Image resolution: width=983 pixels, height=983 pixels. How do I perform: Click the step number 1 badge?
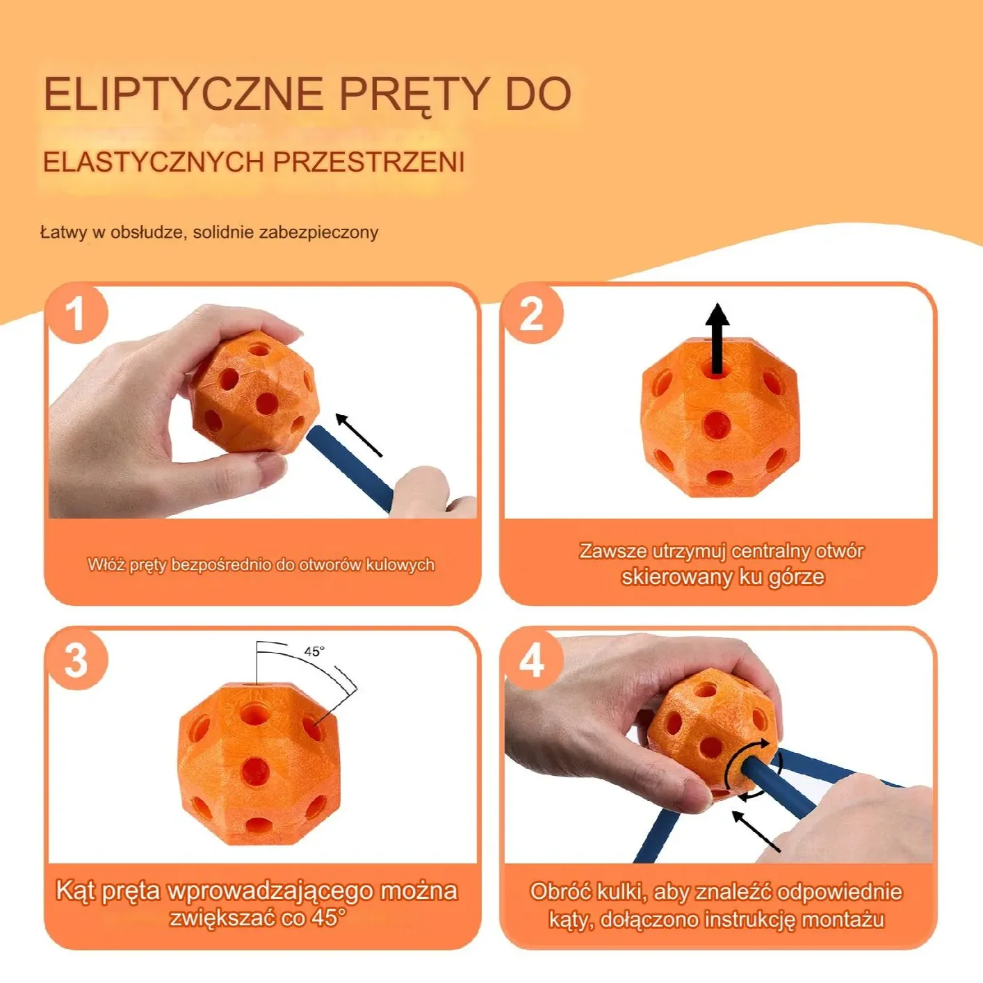77,314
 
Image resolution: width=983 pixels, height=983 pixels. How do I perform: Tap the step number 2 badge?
532,314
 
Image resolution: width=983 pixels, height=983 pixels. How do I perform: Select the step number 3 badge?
77,660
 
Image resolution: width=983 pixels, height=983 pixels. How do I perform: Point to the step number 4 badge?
532,660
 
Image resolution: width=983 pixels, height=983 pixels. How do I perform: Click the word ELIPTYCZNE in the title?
184,95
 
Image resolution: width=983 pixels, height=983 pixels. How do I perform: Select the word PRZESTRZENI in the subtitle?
369,162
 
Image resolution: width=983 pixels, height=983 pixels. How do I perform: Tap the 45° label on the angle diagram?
314,651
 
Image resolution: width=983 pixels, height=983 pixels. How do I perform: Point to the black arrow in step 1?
359,435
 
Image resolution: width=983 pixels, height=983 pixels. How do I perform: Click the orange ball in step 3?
259,762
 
